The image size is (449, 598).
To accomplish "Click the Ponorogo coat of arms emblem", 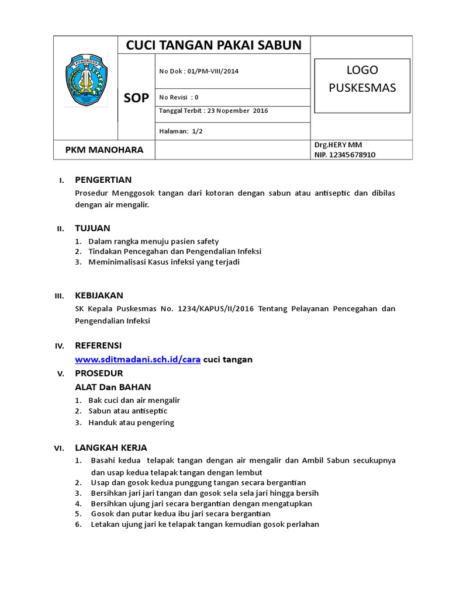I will [x=86, y=79].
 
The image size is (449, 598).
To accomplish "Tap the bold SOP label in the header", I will [x=136, y=98].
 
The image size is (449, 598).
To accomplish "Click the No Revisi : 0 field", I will [x=179, y=98].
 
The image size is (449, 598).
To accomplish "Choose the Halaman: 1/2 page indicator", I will [x=181, y=131].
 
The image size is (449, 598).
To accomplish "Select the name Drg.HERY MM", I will [x=338, y=145].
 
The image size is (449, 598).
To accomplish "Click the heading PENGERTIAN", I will [x=103, y=179].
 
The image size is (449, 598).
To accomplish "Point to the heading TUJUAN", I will [x=92, y=228].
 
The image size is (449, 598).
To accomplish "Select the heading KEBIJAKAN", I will [x=99, y=295].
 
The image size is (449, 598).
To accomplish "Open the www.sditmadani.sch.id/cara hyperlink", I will [x=138, y=359].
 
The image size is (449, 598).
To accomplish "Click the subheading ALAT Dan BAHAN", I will [x=113, y=387].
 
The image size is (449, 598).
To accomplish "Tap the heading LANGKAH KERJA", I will [x=110, y=447].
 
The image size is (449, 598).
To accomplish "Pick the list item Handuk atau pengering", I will [x=131, y=422].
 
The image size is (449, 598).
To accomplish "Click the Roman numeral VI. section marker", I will [x=58, y=448].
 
